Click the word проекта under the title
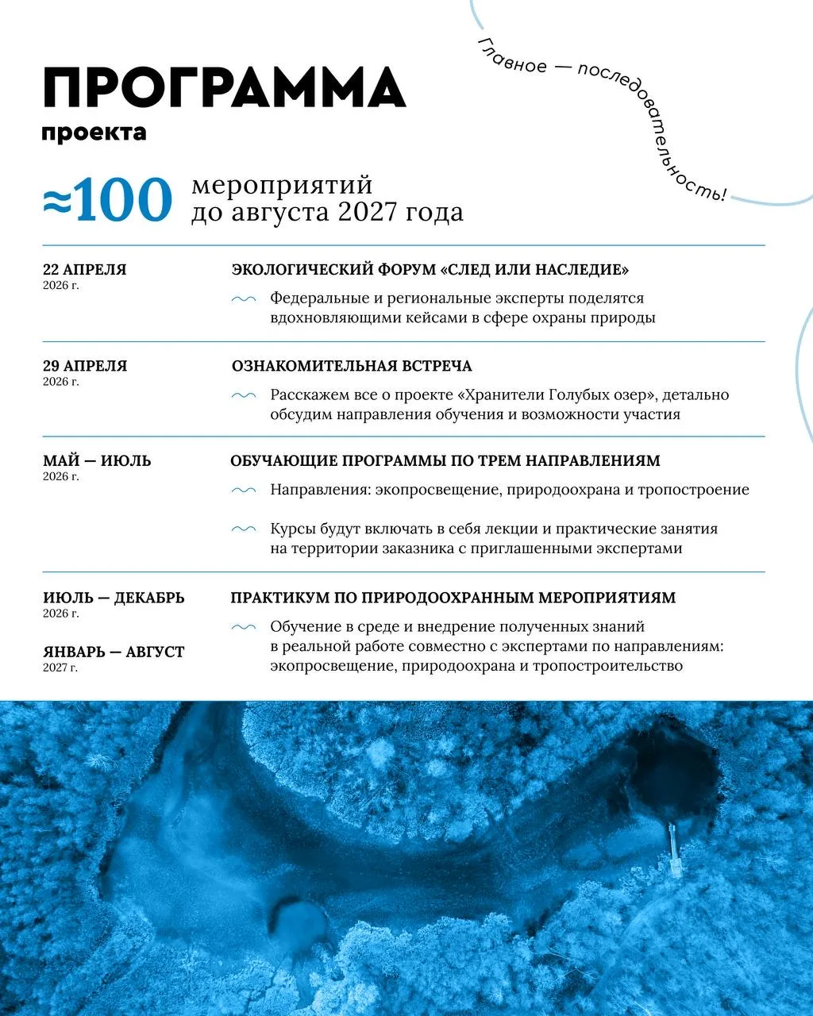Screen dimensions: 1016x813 94,132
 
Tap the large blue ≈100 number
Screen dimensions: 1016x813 107,200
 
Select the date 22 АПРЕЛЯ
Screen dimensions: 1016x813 84,270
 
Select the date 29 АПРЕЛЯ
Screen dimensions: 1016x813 85,366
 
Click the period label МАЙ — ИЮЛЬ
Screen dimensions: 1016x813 97,461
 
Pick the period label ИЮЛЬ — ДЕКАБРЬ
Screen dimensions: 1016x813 114,598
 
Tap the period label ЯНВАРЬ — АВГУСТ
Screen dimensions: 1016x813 114,652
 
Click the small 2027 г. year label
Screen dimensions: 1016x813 60,668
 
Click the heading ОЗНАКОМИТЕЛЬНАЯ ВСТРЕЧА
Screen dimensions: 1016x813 352,366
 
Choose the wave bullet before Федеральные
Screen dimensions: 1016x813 243,299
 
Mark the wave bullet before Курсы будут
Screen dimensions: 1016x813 243,529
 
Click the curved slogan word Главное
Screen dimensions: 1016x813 511,56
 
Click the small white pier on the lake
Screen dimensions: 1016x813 674,849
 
